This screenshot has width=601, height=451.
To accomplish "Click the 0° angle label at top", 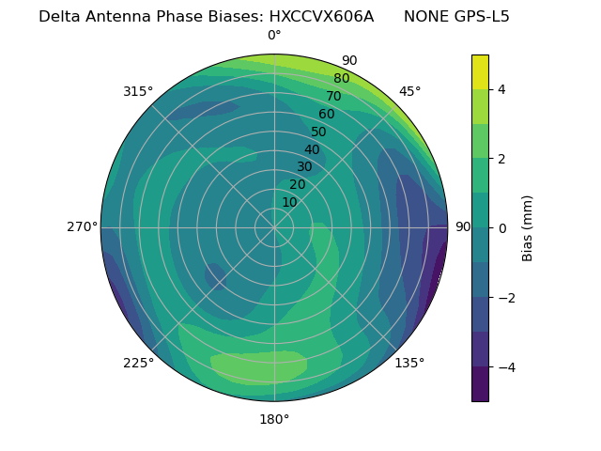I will click(x=274, y=36).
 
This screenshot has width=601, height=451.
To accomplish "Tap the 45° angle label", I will click(x=409, y=91).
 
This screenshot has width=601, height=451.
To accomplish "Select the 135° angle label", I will click(x=409, y=363).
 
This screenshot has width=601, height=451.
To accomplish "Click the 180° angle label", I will click(x=274, y=419).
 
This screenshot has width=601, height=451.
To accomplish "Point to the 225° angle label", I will click(x=138, y=363).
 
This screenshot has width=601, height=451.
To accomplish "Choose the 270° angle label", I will click(x=81, y=226).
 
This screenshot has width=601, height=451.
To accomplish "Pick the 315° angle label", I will click(x=138, y=91).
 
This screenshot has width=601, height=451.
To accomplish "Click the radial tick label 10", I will click(x=289, y=202).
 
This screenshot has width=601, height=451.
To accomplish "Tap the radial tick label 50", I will click(x=318, y=132).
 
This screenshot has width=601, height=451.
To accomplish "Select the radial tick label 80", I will click(x=341, y=78).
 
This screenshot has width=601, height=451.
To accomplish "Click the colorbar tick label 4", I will click(x=502, y=89).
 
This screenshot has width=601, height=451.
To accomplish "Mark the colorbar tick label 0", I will click(x=502, y=227).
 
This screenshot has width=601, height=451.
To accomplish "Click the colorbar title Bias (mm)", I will click(x=528, y=227).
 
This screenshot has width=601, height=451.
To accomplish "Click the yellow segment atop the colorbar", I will click(x=480, y=71).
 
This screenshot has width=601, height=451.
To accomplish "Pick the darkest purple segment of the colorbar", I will click(x=480, y=384).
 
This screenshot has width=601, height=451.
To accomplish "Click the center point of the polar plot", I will click(x=274, y=227).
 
